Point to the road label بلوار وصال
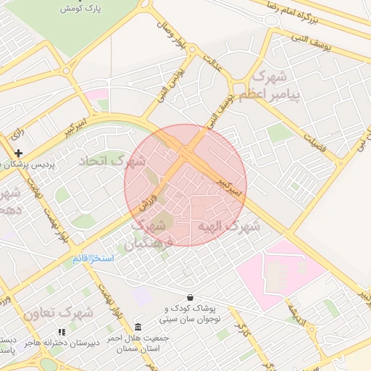click(175, 36)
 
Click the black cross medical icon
click(19, 153)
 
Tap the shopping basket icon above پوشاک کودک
click(190, 297)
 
